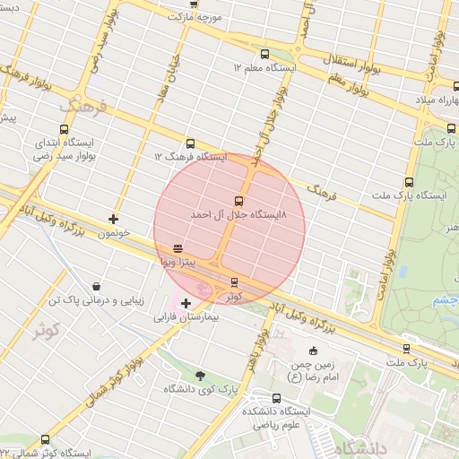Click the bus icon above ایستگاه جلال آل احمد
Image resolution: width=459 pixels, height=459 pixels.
[x=238, y=201]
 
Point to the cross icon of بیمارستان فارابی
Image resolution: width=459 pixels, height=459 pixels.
[x=186, y=303]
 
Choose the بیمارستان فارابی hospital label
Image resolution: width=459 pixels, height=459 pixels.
[x=186, y=317]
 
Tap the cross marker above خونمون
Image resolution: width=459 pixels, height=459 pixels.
[x=113, y=219]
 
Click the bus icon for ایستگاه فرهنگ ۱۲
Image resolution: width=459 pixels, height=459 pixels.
[x=190, y=143]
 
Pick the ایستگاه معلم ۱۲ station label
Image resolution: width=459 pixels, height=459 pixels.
[x=265, y=68]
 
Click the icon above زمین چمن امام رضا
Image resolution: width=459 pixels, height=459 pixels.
[x=313, y=351]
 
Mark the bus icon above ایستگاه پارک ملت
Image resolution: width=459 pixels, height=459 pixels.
[x=410, y=181]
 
